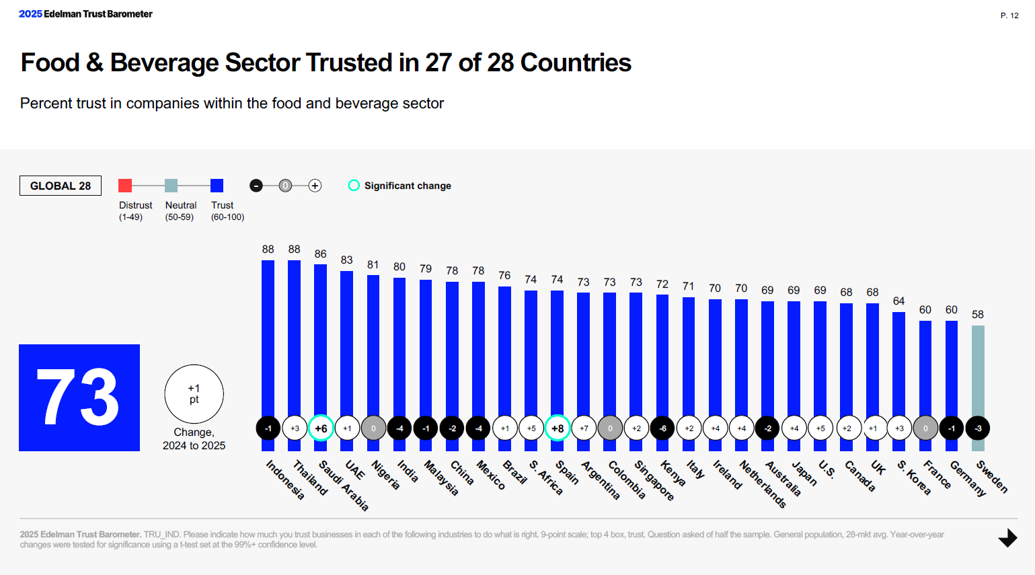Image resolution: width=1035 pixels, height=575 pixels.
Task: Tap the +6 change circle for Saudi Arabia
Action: [321, 428]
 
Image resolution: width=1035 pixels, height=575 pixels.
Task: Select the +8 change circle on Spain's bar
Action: [558, 428]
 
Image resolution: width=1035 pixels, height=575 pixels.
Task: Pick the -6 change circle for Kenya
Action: [662, 428]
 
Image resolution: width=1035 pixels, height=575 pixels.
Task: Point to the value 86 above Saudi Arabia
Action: [321, 254]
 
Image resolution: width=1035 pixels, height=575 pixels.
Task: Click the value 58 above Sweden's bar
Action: [978, 315]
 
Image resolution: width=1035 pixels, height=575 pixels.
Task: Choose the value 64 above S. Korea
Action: [899, 301]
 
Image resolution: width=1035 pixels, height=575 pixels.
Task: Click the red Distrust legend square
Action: [125, 186]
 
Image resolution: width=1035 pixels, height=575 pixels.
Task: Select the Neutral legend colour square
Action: [171, 186]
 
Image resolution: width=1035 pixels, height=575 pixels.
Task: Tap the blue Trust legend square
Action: [217, 186]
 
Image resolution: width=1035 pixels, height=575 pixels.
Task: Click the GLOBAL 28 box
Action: [61, 186]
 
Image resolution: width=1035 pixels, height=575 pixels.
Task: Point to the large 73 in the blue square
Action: [79, 397]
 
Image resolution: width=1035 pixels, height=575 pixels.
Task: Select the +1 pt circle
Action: [194, 394]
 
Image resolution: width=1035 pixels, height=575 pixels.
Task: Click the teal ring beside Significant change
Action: [354, 186]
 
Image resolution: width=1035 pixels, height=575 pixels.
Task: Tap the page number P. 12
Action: [1009, 15]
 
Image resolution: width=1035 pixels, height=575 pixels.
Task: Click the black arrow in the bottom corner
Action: [1007, 538]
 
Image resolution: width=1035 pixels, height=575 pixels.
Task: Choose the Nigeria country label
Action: [385, 475]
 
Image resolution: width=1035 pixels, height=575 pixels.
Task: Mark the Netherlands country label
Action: [763, 484]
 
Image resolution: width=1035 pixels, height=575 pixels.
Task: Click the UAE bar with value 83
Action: [347, 343]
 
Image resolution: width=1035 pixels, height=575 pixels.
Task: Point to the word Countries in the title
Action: [576, 63]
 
